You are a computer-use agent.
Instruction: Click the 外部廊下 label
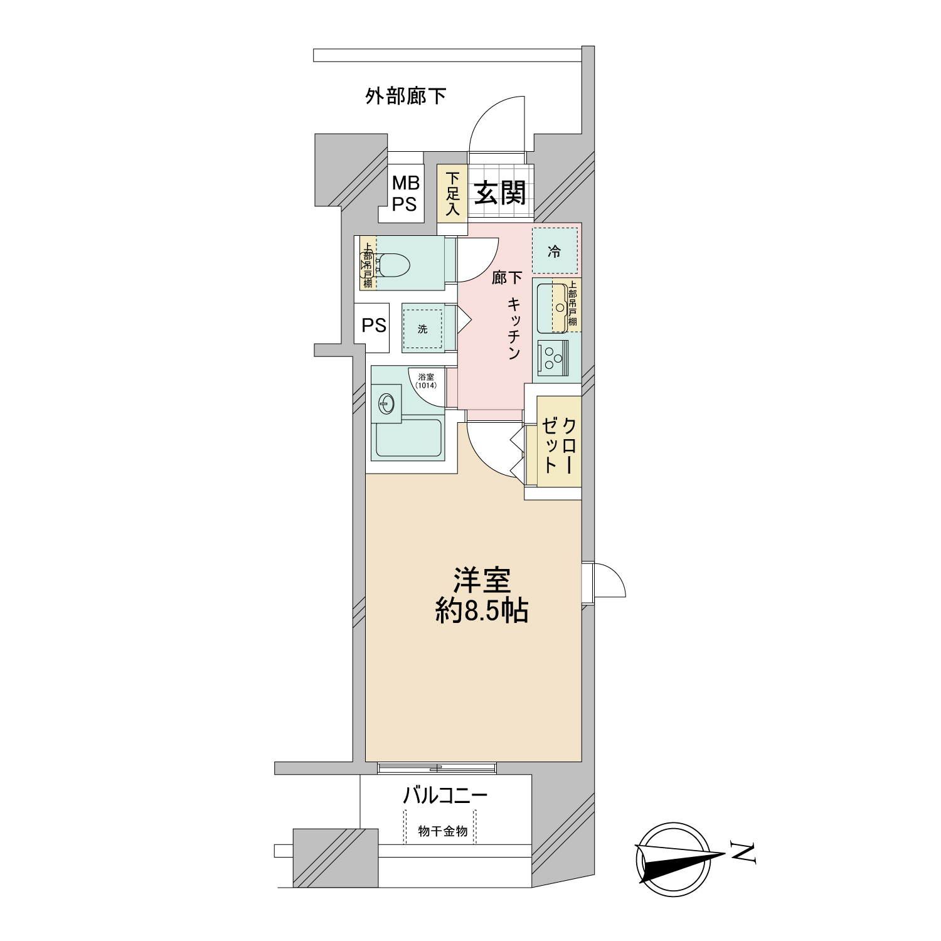(x=406, y=97)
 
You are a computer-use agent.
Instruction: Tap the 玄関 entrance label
(x=499, y=192)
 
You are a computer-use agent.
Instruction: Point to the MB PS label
(x=405, y=193)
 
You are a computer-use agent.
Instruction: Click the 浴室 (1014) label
(x=426, y=381)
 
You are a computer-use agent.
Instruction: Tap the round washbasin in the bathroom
(x=387, y=403)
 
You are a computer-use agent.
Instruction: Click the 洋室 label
(x=482, y=580)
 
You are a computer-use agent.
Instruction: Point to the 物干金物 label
(x=443, y=832)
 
